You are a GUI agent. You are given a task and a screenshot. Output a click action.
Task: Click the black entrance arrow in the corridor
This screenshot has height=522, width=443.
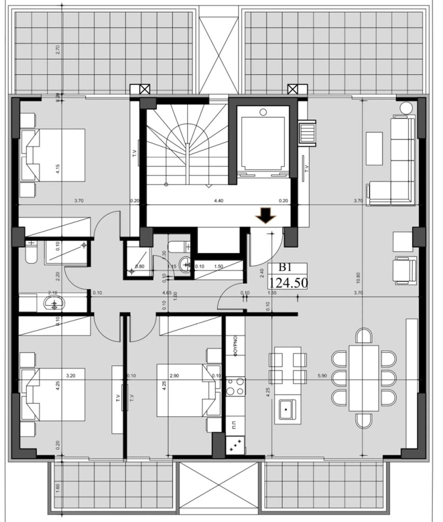click(x=266, y=216)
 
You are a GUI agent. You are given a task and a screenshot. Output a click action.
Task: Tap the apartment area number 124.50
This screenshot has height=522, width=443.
click(x=288, y=282)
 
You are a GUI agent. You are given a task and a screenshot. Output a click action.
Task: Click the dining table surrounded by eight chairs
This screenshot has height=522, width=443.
click(x=363, y=378)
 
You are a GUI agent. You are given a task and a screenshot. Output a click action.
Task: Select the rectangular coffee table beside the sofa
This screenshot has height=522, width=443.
click(x=375, y=148)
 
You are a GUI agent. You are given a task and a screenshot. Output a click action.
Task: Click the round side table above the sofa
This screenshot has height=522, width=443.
click(x=406, y=108)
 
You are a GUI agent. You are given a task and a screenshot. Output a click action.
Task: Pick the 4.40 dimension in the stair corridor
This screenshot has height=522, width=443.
click(x=219, y=201)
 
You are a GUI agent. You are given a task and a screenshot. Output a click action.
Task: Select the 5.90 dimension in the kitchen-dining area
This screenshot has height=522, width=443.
click(x=322, y=376)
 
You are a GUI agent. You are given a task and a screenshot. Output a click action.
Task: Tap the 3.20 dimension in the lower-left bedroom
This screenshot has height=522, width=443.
click(x=71, y=376)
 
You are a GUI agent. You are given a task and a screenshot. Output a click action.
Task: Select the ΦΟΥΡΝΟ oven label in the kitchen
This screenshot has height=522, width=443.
click(x=236, y=348)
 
